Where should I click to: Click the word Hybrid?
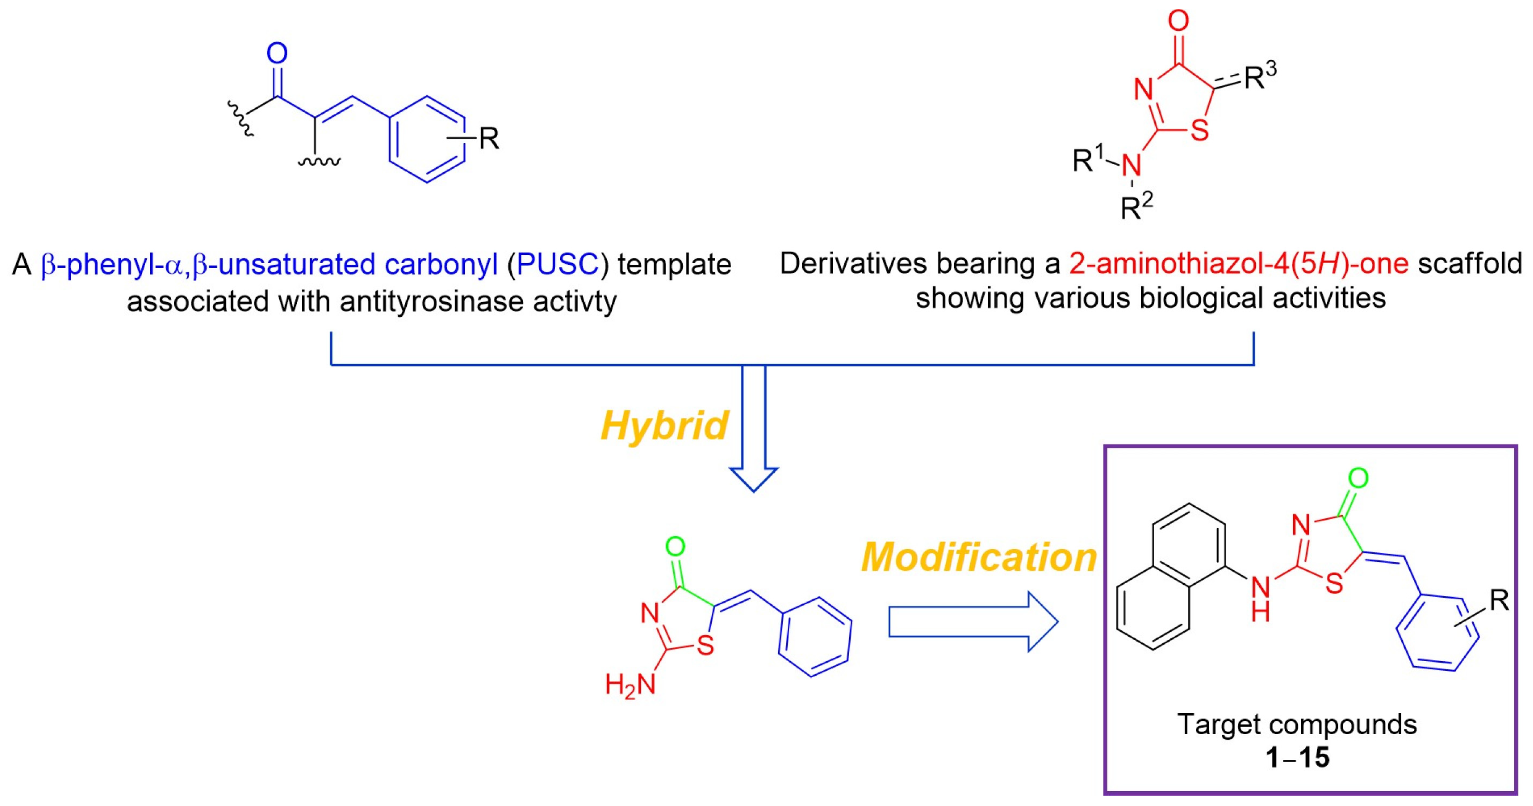pyautogui.click(x=664, y=426)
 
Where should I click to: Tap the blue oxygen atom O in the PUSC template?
pyautogui.click(x=277, y=54)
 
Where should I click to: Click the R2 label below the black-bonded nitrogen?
pyautogui.click(x=1137, y=207)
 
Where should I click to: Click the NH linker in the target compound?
pyautogui.click(x=1260, y=598)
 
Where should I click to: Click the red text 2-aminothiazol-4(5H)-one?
pyautogui.click(x=1238, y=264)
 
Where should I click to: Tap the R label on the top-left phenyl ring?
pyautogui.click(x=488, y=139)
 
